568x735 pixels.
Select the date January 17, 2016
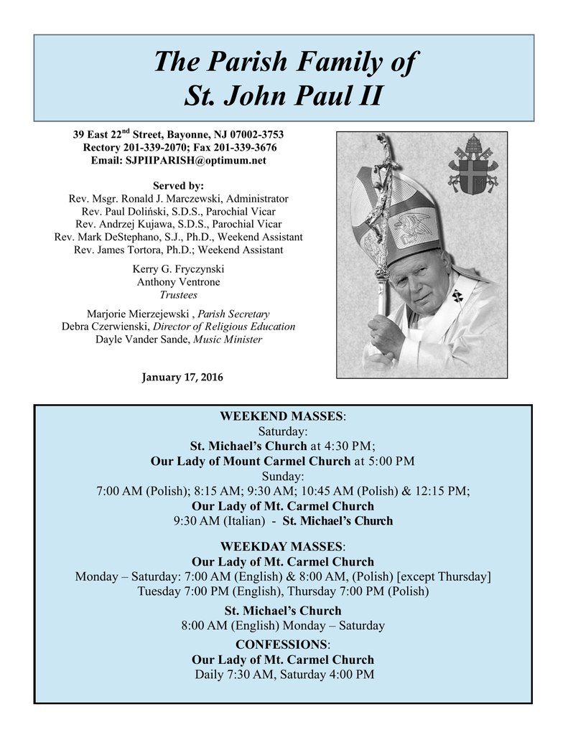182,378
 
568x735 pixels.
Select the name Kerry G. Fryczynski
178,268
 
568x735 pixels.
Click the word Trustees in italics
178,294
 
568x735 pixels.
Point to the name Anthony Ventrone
178,281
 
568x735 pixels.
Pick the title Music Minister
228,339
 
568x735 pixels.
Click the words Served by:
178,185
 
